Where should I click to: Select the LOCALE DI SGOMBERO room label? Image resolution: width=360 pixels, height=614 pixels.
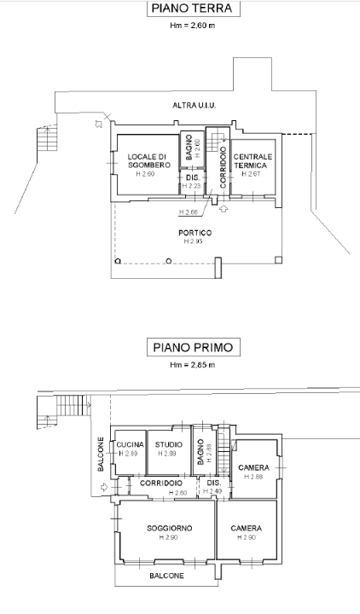(x=145, y=161)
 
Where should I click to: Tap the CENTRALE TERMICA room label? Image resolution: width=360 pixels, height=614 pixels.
(x=253, y=161)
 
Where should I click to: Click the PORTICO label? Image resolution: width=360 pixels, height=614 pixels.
(x=195, y=233)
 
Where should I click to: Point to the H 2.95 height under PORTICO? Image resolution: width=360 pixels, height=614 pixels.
(x=195, y=242)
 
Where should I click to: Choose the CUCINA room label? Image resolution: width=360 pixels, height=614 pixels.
(x=130, y=445)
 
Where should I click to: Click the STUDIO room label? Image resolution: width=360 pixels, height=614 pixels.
(x=168, y=445)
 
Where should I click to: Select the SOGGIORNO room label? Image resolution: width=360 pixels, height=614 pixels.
(x=168, y=529)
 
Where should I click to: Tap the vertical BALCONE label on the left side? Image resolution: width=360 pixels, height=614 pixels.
(x=100, y=455)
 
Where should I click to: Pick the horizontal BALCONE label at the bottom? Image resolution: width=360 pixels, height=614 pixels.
(x=169, y=576)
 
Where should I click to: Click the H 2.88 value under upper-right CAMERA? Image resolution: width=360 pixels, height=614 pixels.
(x=254, y=477)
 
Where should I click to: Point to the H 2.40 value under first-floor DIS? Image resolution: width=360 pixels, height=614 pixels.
(x=213, y=491)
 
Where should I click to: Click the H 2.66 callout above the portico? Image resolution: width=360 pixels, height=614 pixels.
(x=189, y=211)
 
